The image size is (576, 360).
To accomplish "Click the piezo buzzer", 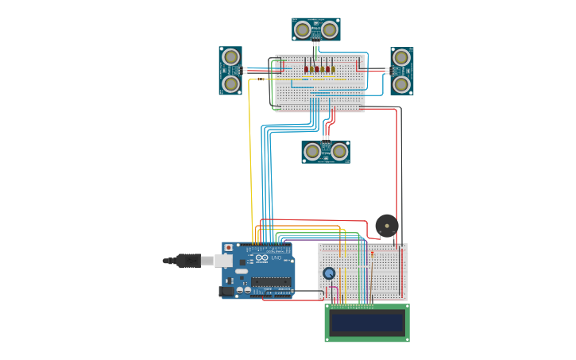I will [387, 226].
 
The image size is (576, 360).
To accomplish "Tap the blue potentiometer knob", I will [329, 273].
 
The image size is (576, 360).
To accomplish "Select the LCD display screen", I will [367, 323].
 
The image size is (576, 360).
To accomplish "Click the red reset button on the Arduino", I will [229, 248].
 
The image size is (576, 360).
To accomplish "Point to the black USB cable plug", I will [188, 260].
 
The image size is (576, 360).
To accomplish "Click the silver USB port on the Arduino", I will [224, 260].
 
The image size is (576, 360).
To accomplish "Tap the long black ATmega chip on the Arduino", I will [271, 281].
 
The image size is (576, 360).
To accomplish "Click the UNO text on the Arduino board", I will [276, 258].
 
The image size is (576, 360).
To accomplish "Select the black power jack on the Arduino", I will [227, 292].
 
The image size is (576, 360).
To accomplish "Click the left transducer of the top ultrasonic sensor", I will [303, 29].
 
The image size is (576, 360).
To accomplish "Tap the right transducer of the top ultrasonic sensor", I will [330, 29].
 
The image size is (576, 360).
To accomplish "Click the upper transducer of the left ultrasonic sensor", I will [230, 57].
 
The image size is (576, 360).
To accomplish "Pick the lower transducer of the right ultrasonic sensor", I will [402, 83].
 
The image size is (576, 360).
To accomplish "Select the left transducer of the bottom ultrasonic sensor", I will [312, 151].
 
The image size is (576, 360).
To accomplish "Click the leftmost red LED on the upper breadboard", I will [306, 69].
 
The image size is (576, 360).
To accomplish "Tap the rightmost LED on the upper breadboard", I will [334, 69].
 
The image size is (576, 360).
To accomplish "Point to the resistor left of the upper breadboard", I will [261, 79].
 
